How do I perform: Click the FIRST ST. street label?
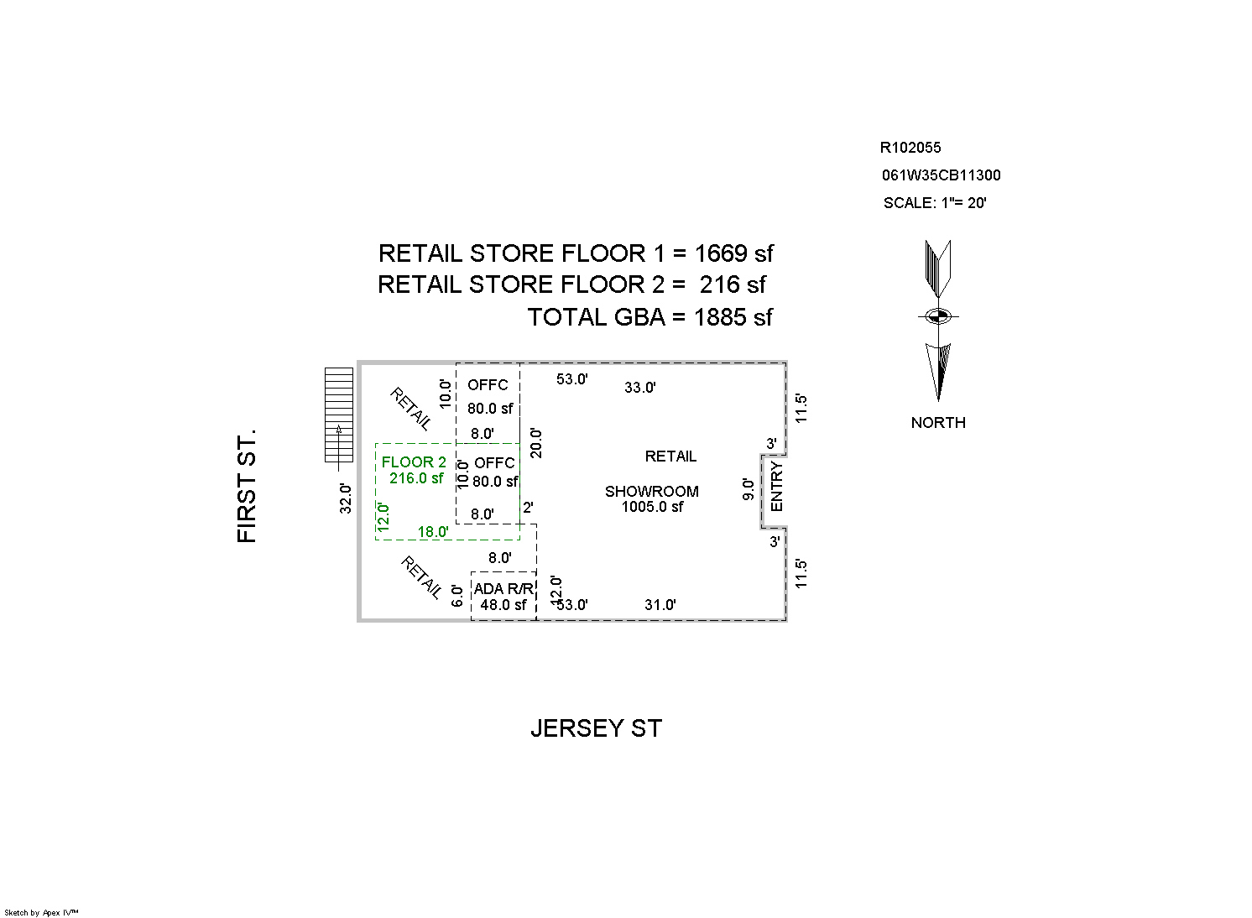tap(247, 486)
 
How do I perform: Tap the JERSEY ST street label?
tap(597, 728)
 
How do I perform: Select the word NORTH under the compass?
tap(938, 423)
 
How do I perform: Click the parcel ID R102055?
tap(910, 148)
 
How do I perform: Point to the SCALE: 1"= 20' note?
tap(935, 202)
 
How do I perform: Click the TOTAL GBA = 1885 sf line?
tap(650, 317)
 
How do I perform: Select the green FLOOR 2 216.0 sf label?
tap(415, 470)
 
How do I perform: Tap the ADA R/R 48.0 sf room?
tap(503, 597)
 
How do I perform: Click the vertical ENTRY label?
tap(777, 486)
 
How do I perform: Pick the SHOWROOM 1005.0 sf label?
tap(652, 498)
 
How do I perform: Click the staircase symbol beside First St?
tap(339, 415)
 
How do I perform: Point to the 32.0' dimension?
tap(346, 498)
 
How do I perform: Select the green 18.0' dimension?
tap(433, 532)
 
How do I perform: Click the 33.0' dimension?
tap(640, 388)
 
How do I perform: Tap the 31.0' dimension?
tap(660, 605)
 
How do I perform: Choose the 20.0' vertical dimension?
tap(536, 443)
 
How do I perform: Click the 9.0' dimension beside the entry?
tap(749, 489)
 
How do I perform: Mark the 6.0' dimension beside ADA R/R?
tap(457, 596)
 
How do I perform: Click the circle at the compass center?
tap(938, 316)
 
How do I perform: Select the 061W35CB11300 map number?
tap(942, 175)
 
